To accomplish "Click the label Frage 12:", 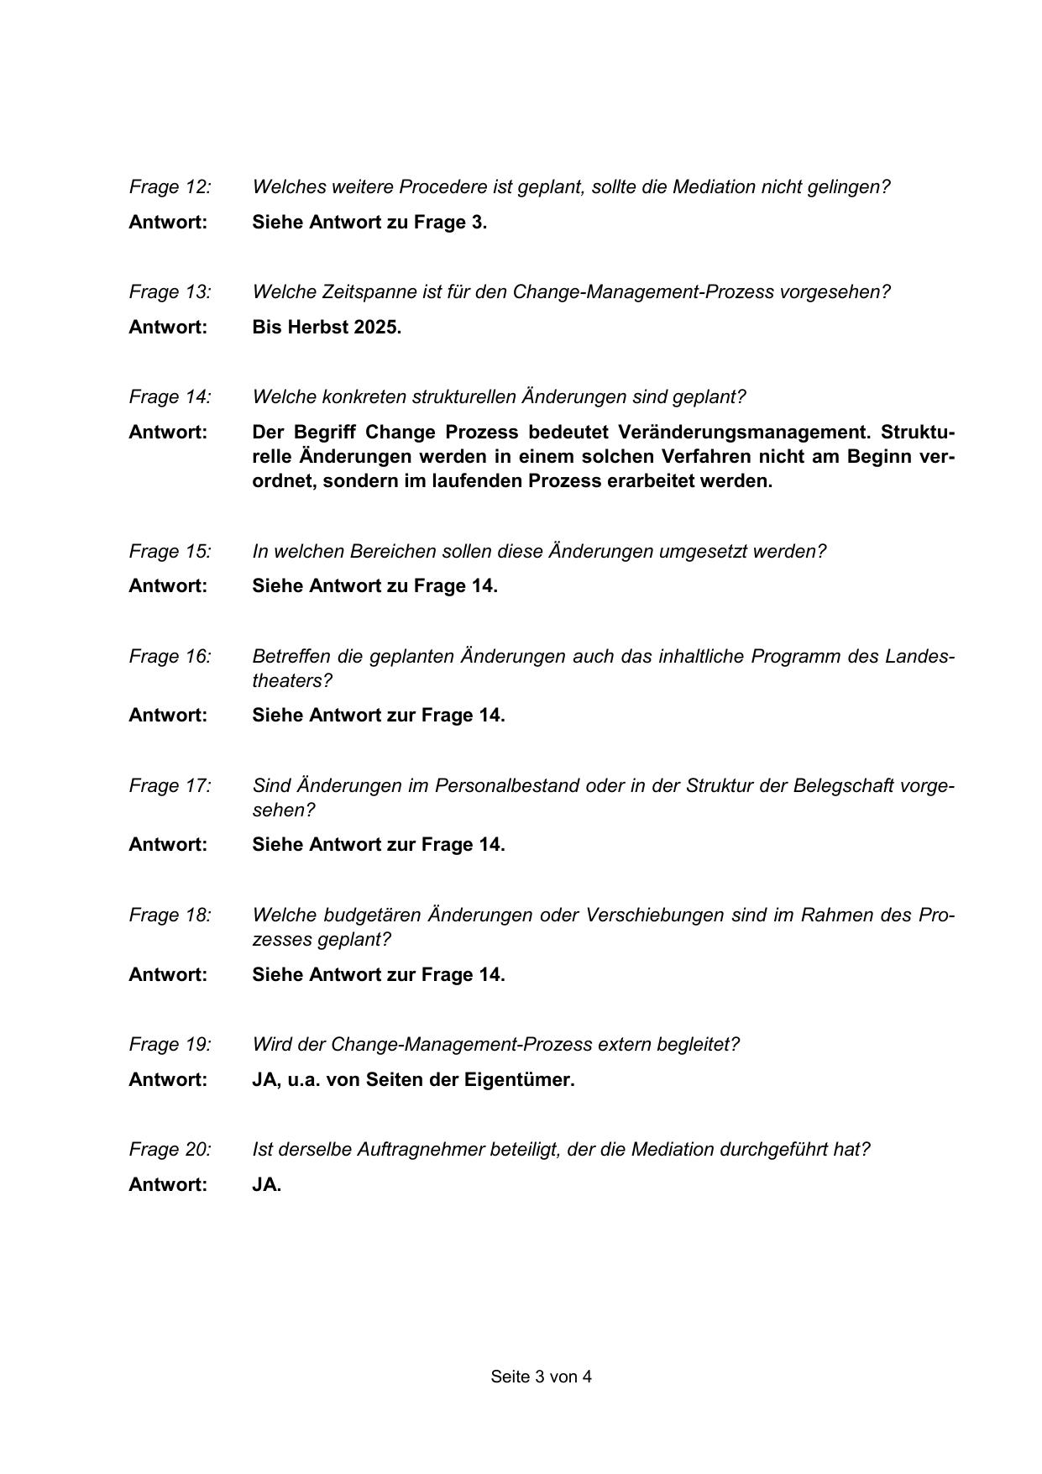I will (170, 186).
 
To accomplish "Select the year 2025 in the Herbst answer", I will (377, 327).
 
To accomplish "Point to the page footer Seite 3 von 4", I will (541, 1377).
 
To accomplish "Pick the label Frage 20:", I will (170, 1149).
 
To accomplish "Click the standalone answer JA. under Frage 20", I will (266, 1184).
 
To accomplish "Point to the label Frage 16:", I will (170, 656).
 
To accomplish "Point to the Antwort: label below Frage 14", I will (167, 432).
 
